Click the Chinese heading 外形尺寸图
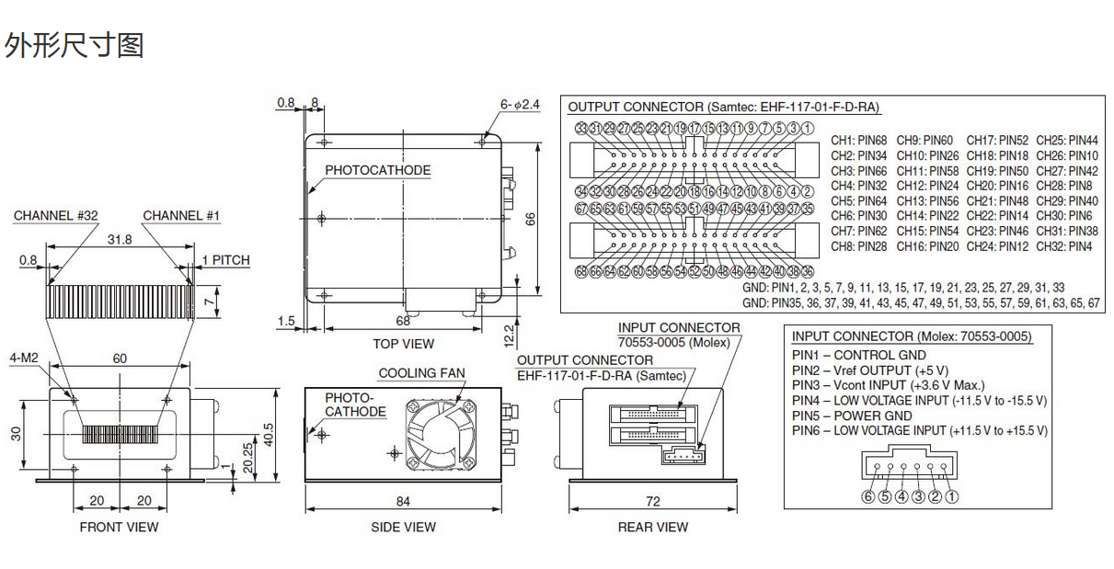(75, 44)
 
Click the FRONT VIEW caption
(119, 527)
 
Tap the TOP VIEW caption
(403, 344)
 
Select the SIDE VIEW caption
(403, 527)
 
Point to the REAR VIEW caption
(652, 527)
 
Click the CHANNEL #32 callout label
(55, 216)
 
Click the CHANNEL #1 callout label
(181, 216)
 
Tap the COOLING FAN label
(421, 373)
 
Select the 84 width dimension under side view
(403, 501)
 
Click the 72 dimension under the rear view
(652, 501)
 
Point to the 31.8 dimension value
(120, 239)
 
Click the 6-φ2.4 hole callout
(520, 105)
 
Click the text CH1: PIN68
(859, 141)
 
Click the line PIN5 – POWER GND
(852, 415)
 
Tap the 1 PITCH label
(225, 260)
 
